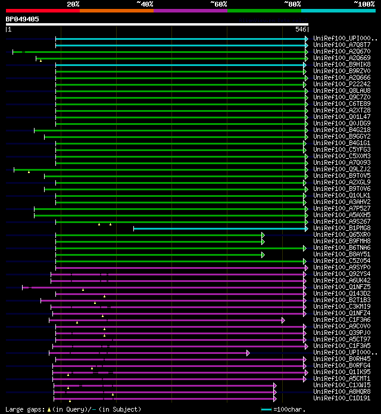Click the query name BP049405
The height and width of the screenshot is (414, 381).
click(23, 19)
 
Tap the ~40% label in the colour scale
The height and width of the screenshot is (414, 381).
click(145, 4)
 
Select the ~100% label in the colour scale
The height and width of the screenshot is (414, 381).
click(364, 4)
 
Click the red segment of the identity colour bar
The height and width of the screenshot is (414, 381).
click(42, 11)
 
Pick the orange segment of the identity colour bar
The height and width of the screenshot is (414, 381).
click(116, 11)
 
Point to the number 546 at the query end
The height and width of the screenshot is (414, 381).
click(301, 29)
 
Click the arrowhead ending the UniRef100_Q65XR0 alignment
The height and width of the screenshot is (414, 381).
click(263, 235)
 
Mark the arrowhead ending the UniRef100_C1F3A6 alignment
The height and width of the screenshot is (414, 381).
click(283, 320)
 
